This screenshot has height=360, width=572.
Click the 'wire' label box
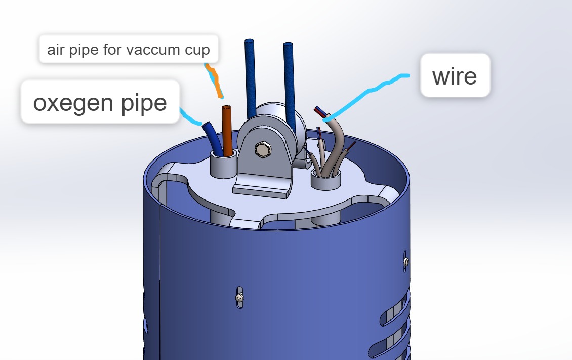pyautogui.click(x=455, y=75)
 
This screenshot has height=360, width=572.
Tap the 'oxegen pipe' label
pyautogui.click(x=100, y=101)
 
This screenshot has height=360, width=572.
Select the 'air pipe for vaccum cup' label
pyautogui.click(x=129, y=49)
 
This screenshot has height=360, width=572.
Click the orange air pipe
pyautogui.click(x=227, y=131)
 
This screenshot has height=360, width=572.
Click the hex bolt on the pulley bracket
pyautogui.click(x=263, y=149)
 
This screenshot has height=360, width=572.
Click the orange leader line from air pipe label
pyautogui.click(x=214, y=81)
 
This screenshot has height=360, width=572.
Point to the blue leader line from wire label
pyautogui.click(x=369, y=91)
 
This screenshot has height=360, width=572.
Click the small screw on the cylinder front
pyautogui.click(x=239, y=298)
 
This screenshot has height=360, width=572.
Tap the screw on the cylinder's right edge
pyautogui.click(x=405, y=261)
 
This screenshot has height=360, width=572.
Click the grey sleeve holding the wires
pyautogui.click(x=326, y=180)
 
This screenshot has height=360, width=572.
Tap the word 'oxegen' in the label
pyautogui.click(x=72, y=102)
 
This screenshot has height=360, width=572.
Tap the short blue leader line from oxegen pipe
pyautogui.click(x=190, y=117)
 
